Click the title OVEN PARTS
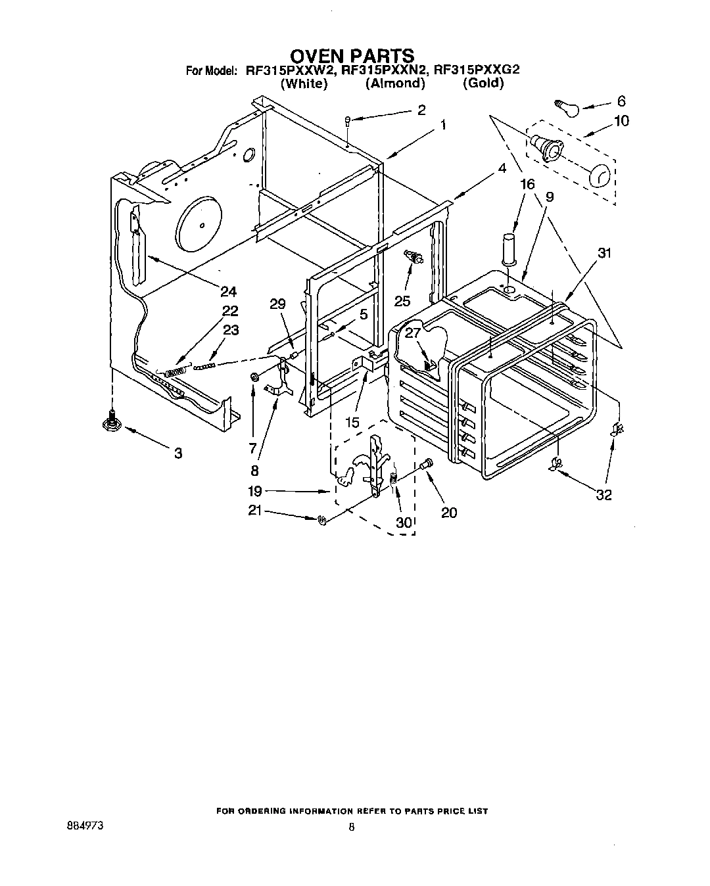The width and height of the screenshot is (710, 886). click(x=352, y=55)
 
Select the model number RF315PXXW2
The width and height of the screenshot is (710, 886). click(x=285, y=70)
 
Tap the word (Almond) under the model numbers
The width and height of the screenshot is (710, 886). click(x=395, y=83)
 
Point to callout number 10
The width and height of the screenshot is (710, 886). click(x=621, y=121)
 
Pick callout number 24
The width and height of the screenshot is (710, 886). click(x=229, y=291)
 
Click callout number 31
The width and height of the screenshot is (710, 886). click(x=605, y=252)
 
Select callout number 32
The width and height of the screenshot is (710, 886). click(x=603, y=495)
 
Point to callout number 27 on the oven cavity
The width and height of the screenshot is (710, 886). click(x=412, y=333)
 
